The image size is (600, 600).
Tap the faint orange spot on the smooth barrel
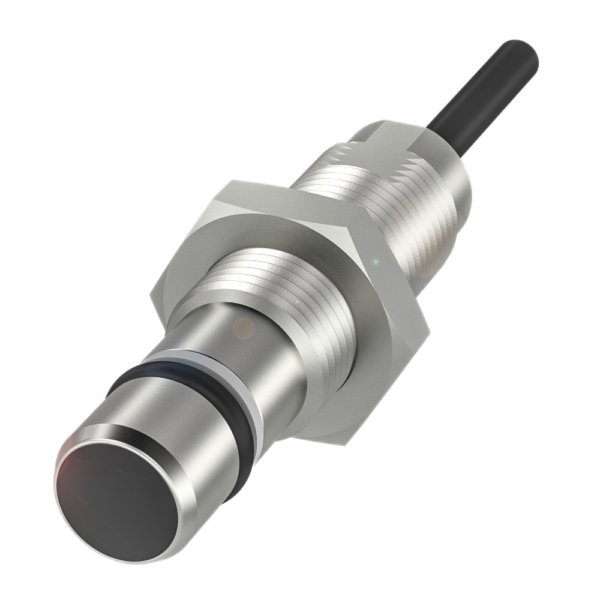coord(244,327)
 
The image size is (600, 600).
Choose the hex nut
coord(288,252)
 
